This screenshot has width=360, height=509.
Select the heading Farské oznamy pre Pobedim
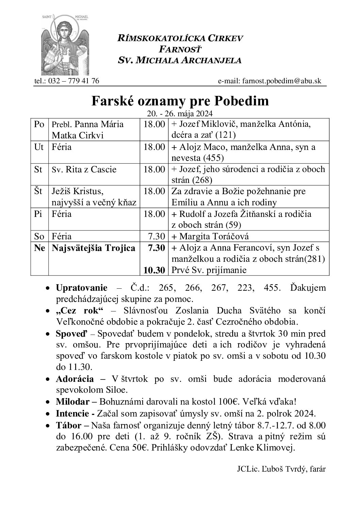point(180,101)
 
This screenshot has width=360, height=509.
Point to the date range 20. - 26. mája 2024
point(180,114)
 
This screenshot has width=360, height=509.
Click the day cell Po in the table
point(39,124)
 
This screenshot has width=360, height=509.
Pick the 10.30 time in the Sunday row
point(154,270)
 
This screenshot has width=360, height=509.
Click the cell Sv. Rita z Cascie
point(84,169)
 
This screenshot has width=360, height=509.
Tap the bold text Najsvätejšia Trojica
point(94,248)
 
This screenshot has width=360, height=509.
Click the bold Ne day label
point(40,248)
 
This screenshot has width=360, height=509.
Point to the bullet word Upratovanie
point(81,288)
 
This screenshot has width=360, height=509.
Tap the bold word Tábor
point(68,425)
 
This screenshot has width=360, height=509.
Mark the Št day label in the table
point(38,191)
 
